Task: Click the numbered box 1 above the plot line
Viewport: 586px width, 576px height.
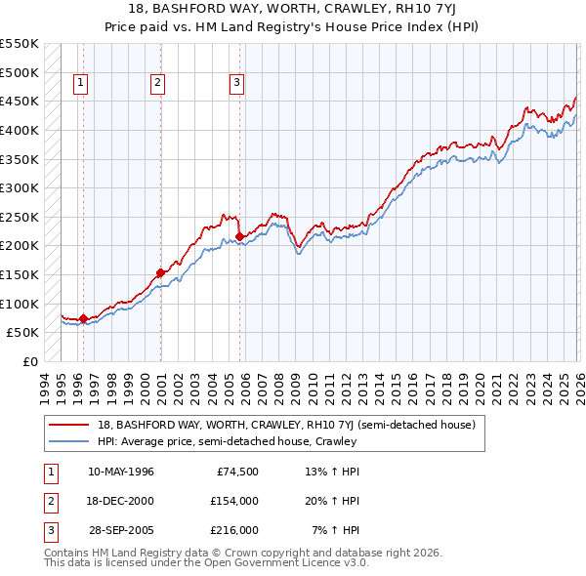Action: click(79, 84)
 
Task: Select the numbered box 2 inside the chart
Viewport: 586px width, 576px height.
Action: click(157, 84)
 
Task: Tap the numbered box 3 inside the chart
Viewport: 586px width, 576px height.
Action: click(236, 84)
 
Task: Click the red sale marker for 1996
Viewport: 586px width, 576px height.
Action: click(83, 317)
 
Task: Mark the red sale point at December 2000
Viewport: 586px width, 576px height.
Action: click(161, 272)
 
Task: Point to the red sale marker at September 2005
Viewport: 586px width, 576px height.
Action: click(240, 236)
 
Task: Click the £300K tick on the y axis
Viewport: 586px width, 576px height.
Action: click(20, 187)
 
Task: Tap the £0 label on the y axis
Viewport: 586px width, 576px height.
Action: click(30, 361)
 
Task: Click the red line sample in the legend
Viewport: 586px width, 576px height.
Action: click(70, 425)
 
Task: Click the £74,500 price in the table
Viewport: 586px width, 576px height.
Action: click(236, 472)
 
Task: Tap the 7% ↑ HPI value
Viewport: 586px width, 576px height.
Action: click(335, 530)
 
